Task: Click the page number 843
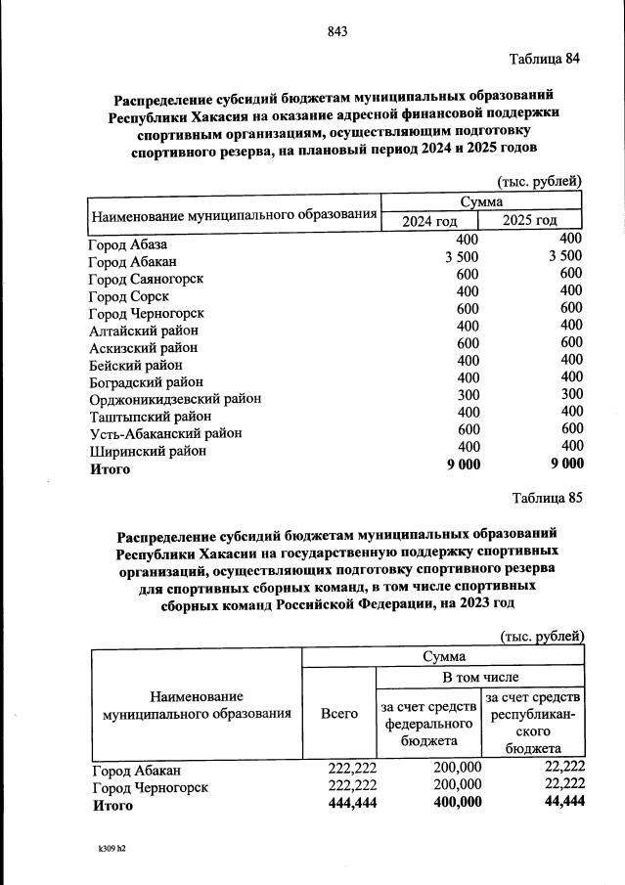click(337, 31)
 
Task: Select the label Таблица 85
click(547, 497)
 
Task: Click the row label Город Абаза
click(128, 243)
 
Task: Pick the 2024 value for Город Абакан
click(462, 258)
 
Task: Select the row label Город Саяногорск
click(146, 279)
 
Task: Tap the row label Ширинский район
click(147, 451)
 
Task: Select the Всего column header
click(338, 714)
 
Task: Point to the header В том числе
click(480, 677)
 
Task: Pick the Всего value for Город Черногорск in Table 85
click(352, 784)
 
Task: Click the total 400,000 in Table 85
click(457, 802)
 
